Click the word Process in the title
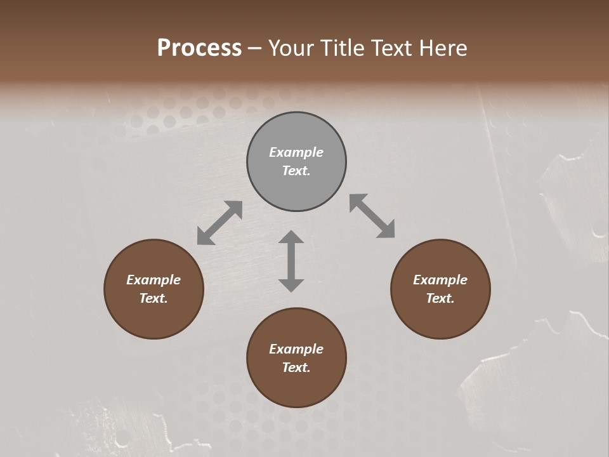coord(199,48)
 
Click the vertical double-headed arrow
coord(291,261)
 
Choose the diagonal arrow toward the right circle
coord(372,216)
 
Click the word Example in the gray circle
coord(296,152)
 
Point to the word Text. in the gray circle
coord(296,171)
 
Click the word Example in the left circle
coord(154,280)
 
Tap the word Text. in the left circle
coord(154,298)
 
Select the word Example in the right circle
coord(440,280)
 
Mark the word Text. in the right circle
coord(440,298)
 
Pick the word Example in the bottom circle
coord(296,349)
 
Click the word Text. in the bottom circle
coord(296,368)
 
